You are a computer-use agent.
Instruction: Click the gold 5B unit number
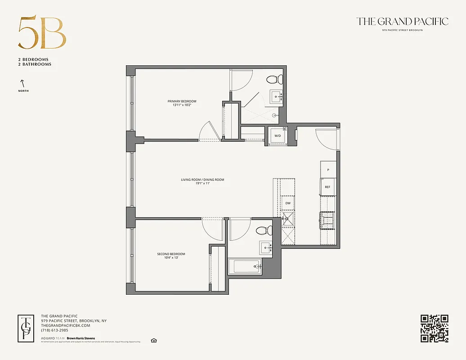click(x=42, y=34)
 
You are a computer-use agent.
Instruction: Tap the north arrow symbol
click(x=22, y=83)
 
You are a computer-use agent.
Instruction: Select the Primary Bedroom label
click(x=182, y=101)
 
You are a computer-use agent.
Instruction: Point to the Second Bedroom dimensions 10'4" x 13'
click(x=171, y=258)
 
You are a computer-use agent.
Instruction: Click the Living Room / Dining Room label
click(x=202, y=180)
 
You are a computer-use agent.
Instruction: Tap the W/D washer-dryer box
click(x=278, y=135)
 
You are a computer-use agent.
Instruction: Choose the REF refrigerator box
click(x=327, y=187)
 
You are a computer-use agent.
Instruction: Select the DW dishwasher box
click(x=288, y=203)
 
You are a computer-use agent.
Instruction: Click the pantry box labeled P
click(x=328, y=170)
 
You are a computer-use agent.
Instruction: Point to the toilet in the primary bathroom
click(x=274, y=80)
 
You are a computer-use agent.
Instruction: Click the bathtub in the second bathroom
click(x=245, y=266)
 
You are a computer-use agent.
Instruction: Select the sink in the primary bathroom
click(x=276, y=96)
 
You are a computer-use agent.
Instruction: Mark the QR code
click(x=434, y=328)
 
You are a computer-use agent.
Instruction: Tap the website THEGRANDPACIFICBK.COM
click(x=66, y=325)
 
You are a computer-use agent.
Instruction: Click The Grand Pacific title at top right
click(x=402, y=21)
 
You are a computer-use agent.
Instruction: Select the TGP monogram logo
click(x=27, y=328)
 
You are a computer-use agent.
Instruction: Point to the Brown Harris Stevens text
click(x=81, y=338)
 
